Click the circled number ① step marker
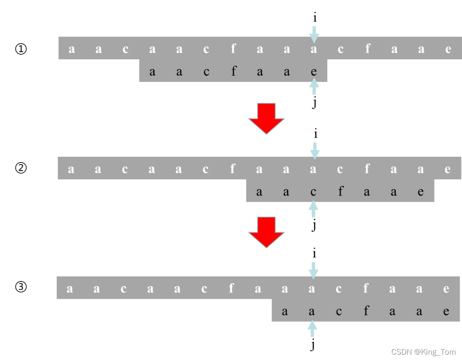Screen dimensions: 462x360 coord(21,49)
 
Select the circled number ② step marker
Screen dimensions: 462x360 coord(21,168)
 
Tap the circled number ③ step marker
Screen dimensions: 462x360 coord(21,287)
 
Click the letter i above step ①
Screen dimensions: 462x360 coord(314,18)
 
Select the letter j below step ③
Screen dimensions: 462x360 coord(312,345)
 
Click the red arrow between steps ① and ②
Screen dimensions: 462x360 coord(266,118)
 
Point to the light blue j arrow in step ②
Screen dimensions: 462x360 coord(314,209)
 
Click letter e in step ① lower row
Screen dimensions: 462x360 coord(314,72)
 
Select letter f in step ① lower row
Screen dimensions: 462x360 coord(233,72)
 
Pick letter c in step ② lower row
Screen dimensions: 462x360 coord(313,191)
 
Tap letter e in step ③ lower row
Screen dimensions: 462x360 coord(446,311)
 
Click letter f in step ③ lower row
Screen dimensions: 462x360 coord(366,311)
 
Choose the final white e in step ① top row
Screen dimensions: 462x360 coord(448,49)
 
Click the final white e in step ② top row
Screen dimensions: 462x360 coord(448,169)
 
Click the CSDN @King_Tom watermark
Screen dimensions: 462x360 coord(423,352)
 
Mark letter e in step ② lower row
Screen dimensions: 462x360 coord(420,191)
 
